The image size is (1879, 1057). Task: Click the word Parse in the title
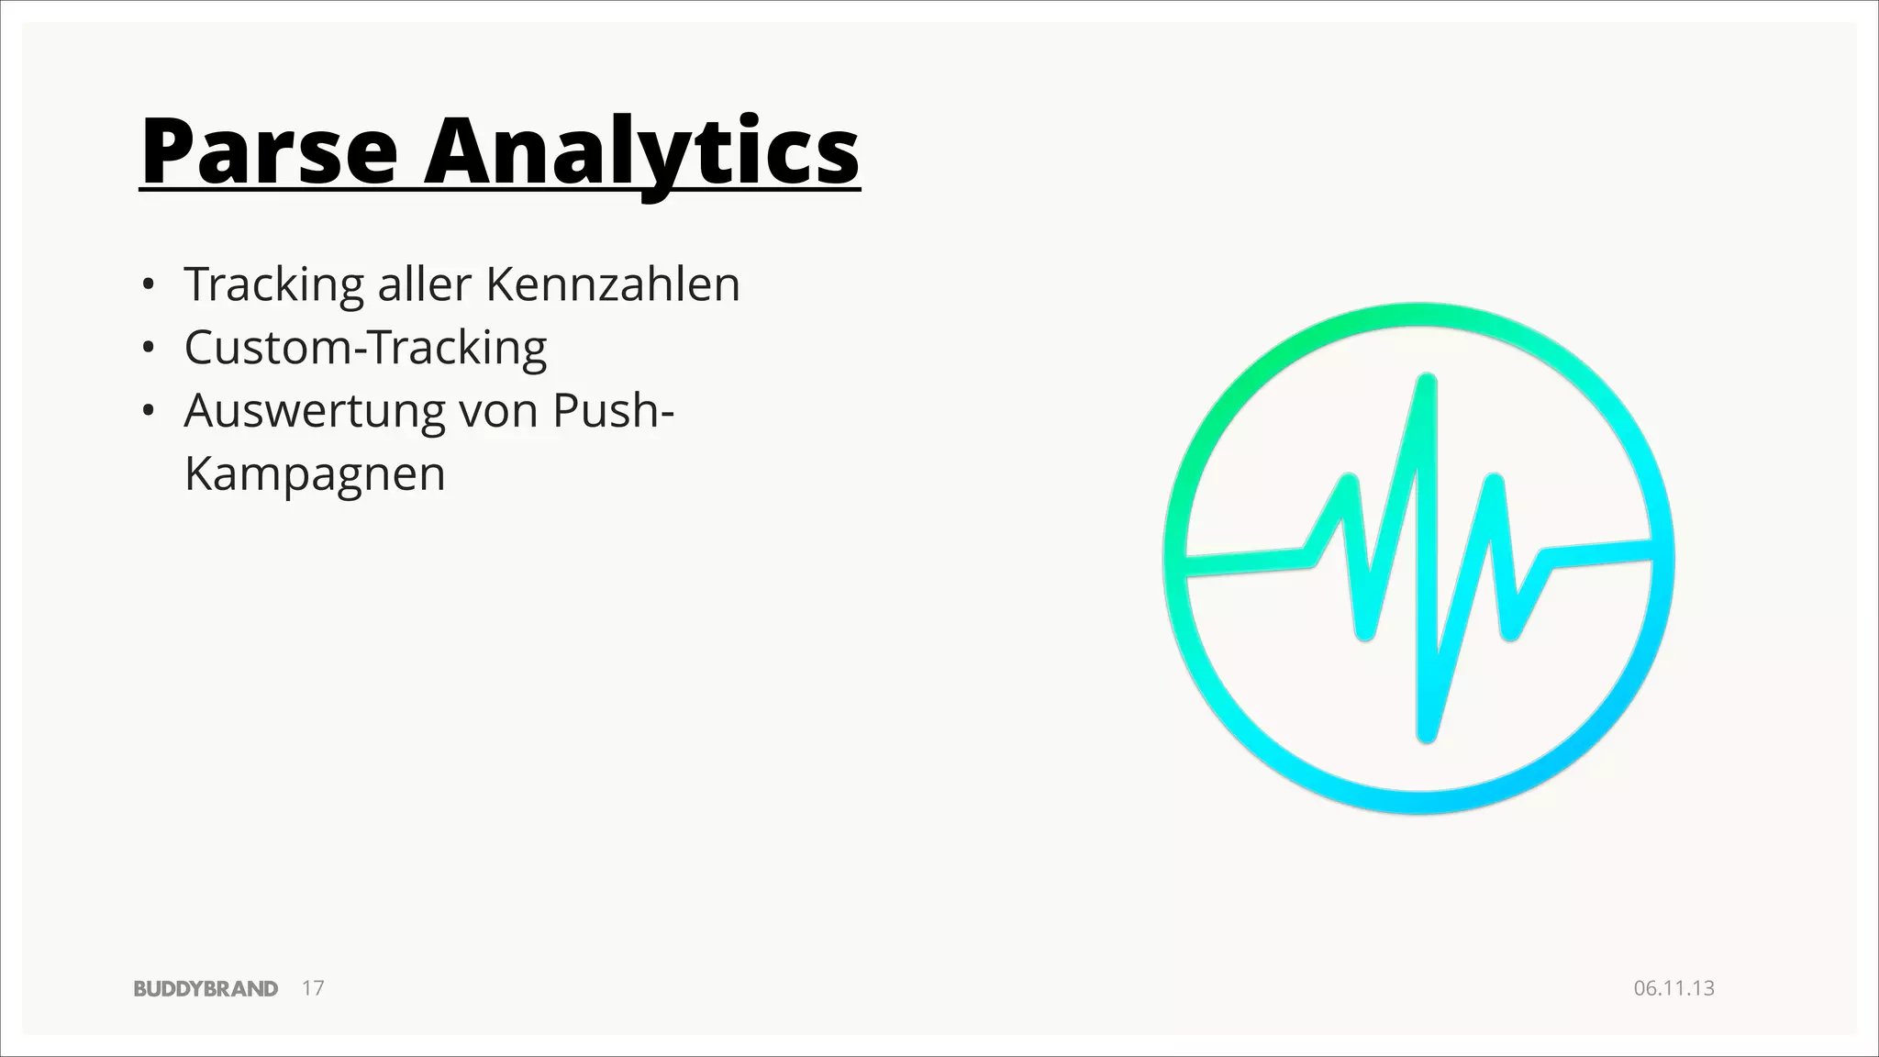269,151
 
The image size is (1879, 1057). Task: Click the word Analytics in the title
641,151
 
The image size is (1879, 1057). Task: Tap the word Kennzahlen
612,284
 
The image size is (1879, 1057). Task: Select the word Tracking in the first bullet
274,284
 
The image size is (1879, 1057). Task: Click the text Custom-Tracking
365,348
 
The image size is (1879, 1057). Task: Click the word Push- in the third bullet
613,411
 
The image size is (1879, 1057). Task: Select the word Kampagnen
315,474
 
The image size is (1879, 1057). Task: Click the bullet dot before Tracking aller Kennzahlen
147,284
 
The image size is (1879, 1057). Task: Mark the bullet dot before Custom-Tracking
147,348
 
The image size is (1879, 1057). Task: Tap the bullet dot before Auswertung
147,411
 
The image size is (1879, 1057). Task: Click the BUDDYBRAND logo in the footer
206,988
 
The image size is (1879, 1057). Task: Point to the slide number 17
313,988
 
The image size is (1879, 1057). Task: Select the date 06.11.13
1673,988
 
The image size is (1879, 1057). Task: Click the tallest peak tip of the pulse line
1426,380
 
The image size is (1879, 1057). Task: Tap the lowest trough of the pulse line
1426,734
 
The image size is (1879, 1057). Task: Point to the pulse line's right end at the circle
1650,549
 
